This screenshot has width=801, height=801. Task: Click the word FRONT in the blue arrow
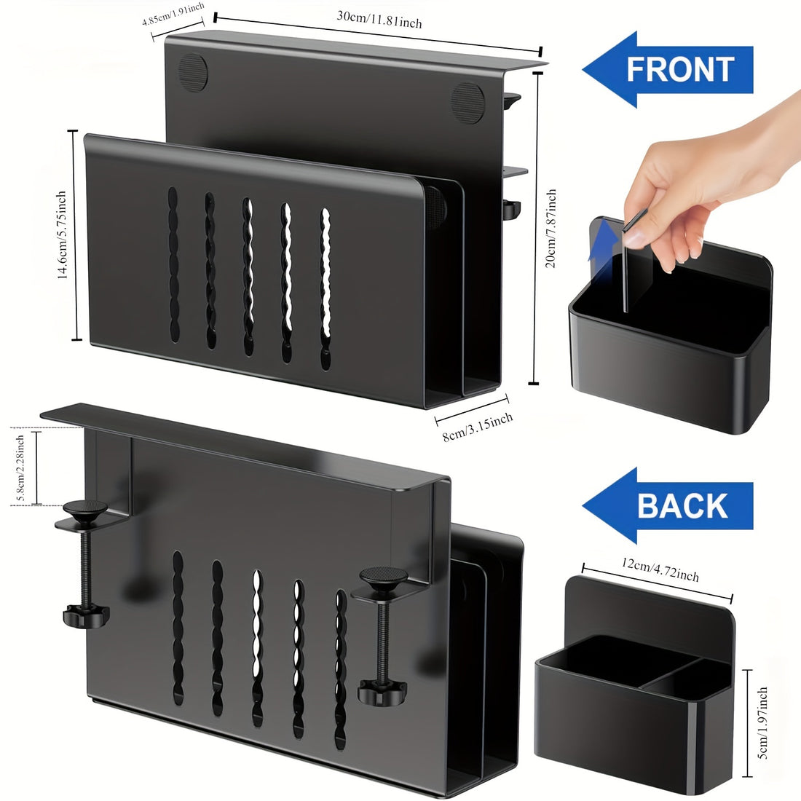pyautogui.click(x=680, y=69)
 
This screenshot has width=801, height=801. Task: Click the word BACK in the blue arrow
pyautogui.click(x=682, y=505)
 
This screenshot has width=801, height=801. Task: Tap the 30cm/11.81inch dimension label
pyautogui.click(x=379, y=19)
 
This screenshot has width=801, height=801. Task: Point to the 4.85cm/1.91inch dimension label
pyautogui.click(x=173, y=14)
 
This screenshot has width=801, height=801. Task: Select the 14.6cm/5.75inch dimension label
pyautogui.click(x=61, y=235)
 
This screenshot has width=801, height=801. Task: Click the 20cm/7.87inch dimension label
pyautogui.click(x=551, y=229)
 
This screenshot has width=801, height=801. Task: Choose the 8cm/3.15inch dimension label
pyautogui.click(x=478, y=427)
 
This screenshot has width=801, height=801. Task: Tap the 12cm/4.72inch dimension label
pyautogui.click(x=660, y=569)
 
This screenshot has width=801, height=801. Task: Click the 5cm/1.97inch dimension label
pyautogui.click(x=762, y=722)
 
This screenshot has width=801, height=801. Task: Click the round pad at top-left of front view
pyautogui.click(x=193, y=73)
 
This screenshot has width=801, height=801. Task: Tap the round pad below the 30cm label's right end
pyautogui.click(x=467, y=103)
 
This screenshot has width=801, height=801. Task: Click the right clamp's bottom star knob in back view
pyautogui.click(x=382, y=692)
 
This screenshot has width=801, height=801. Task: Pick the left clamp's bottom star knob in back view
pyautogui.click(x=87, y=615)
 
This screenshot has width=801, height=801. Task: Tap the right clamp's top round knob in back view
pyautogui.click(x=384, y=577)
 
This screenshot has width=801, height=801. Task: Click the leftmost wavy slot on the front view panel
pyautogui.click(x=174, y=264)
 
